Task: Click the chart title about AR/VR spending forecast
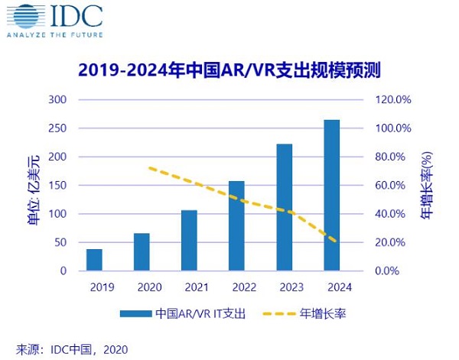(229, 70)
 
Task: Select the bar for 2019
(94, 260)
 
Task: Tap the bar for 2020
(142, 252)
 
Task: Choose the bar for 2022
(236, 225)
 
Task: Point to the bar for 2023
(284, 207)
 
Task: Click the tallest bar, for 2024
(331, 195)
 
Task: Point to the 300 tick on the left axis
(58, 100)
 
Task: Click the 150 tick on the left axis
(58, 186)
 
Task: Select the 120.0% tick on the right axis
(392, 100)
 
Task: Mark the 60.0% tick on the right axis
(392, 186)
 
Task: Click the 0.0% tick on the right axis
(392, 271)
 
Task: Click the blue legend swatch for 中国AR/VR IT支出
(135, 314)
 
